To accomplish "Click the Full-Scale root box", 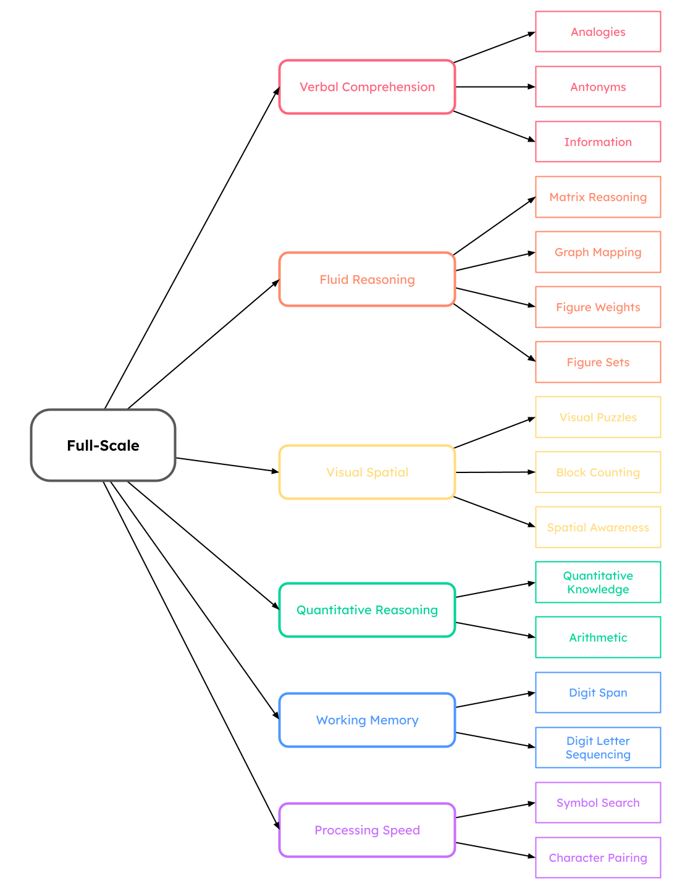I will pyautogui.click(x=103, y=445).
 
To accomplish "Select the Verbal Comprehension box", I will pyautogui.click(x=367, y=87).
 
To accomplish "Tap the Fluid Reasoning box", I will pyautogui.click(x=367, y=279).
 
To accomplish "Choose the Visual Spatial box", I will pyautogui.click(x=367, y=472).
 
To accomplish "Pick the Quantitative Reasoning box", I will pyautogui.click(x=367, y=610).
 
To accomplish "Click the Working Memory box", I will pyautogui.click(x=367, y=720).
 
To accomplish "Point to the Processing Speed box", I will pyautogui.click(x=367, y=830).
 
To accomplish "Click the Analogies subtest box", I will pyautogui.click(x=598, y=32).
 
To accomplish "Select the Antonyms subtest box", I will pyautogui.click(x=598, y=87).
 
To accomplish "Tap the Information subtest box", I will pyautogui.click(x=598, y=142).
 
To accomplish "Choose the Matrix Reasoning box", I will pyautogui.click(x=598, y=197).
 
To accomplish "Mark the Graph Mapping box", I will pyautogui.click(x=598, y=252).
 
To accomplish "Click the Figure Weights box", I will pyautogui.click(x=598, y=307).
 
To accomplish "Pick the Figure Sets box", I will pyautogui.click(x=598, y=362).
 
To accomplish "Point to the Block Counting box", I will pyautogui.click(x=598, y=472).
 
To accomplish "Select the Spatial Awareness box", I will pyautogui.click(x=598, y=527).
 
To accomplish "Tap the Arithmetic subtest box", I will pyautogui.click(x=598, y=637).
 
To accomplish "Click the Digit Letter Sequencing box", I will pyautogui.click(x=598, y=748).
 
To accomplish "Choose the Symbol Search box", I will pyautogui.click(x=598, y=803).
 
